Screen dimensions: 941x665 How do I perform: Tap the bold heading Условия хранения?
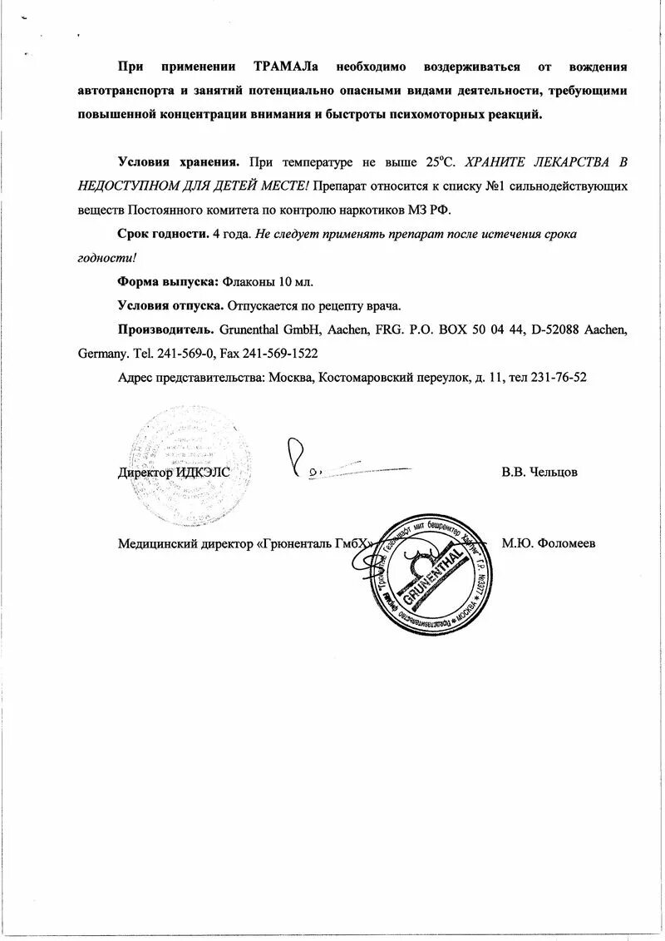[179, 162]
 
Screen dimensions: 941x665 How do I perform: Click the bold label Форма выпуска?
[168, 281]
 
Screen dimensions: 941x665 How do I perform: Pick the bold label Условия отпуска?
[170, 305]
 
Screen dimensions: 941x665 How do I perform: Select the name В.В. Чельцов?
[539, 472]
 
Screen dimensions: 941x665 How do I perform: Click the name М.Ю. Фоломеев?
[548, 543]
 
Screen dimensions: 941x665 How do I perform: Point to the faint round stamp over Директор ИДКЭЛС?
[189, 466]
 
